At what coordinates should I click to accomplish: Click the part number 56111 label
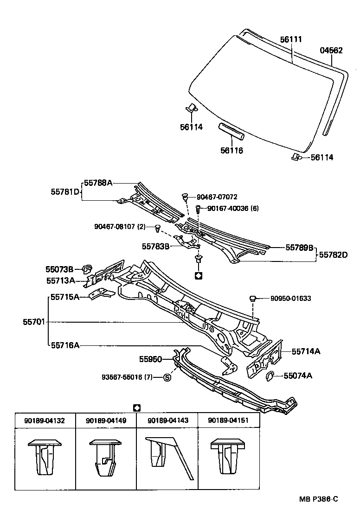click(x=291, y=39)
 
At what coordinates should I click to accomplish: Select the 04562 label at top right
click(x=331, y=51)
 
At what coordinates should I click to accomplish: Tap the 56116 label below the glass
click(x=232, y=150)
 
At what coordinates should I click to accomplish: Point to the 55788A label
click(x=98, y=183)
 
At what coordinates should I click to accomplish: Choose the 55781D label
click(x=65, y=191)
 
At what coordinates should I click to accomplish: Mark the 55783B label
click(x=156, y=246)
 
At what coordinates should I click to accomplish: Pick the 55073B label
click(x=59, y=269)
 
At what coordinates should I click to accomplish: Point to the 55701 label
click(x=34, y=321)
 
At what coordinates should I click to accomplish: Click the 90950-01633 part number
click(x=290, y=299)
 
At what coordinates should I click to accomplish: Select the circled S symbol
click(x=167, y=377)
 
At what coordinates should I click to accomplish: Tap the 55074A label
click(x=297, y=376)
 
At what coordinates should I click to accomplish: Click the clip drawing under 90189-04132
click(x=45, y=457)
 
